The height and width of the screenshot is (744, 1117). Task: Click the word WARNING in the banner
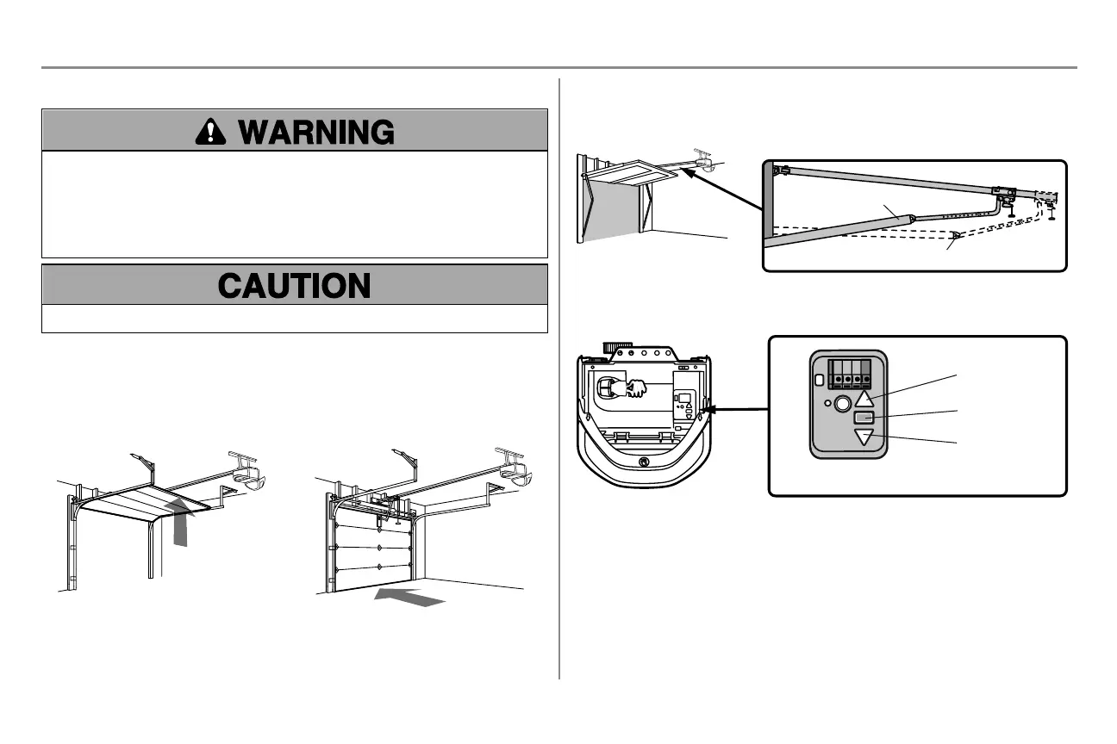(x=316, y=132)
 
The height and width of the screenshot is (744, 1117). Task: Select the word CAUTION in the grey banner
(x=295, y=285)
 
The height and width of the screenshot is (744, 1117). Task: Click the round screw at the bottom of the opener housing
(x=644, y=461)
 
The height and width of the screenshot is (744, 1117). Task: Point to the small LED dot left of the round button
(x=827, y=402)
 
